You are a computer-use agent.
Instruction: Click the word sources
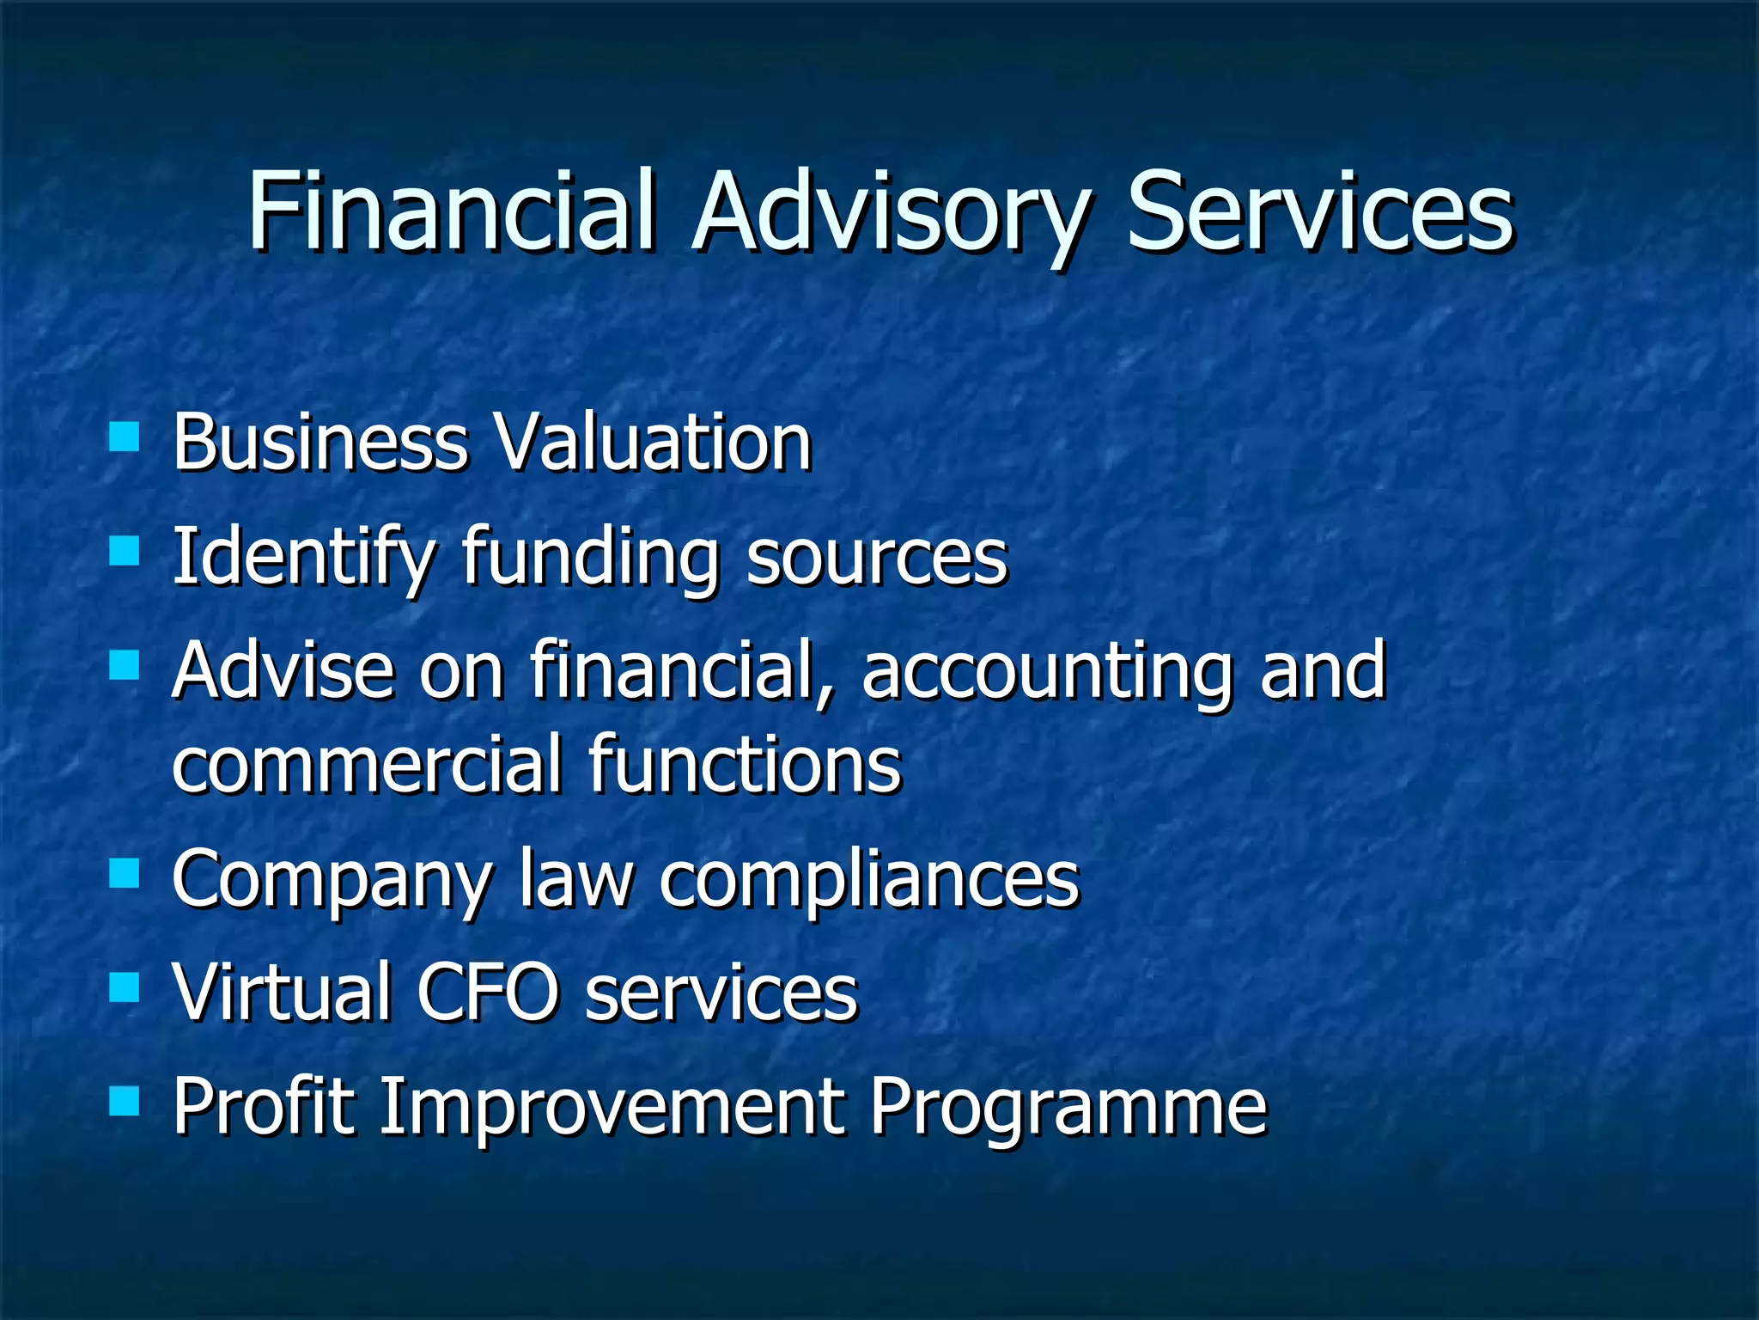(877, 558)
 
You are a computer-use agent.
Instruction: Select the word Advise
(284, 669)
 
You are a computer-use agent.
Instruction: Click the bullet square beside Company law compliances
(125, 874)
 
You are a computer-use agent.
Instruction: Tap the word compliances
(869, 881)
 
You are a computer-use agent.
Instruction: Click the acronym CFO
(487, 992)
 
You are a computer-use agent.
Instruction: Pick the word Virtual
(283, 992)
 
